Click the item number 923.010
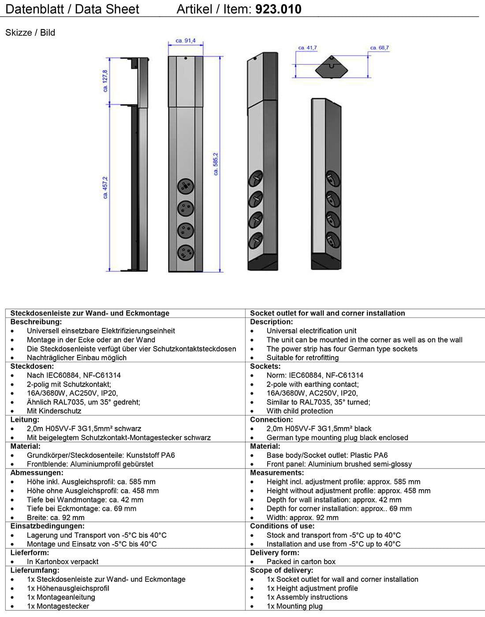[x=278, y=9]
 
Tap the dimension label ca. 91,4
[x=186, y=41]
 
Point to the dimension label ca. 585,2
[x=216, y=164]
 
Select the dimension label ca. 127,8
[x=105, y=81]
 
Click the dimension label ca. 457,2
[x=105, y=188]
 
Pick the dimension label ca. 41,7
[x=307, y=48]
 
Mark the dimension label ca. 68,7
[x=379, y=48]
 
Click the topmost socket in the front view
[x=186, y=186]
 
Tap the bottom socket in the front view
[x=186, y=253]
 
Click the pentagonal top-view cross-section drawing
[x=332, y=67]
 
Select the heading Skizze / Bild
[x=30, y=33]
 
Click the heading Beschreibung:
[x=36, y=322]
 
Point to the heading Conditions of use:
[x=282, y=526]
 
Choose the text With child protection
[x=299, y=411]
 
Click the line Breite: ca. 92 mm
[x=56, y=517]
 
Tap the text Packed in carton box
[x=301, y=561]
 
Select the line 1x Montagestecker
[x=58, y=606]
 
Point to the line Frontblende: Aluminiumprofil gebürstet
[x=90, y=464]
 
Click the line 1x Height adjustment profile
[x=312, y=588]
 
